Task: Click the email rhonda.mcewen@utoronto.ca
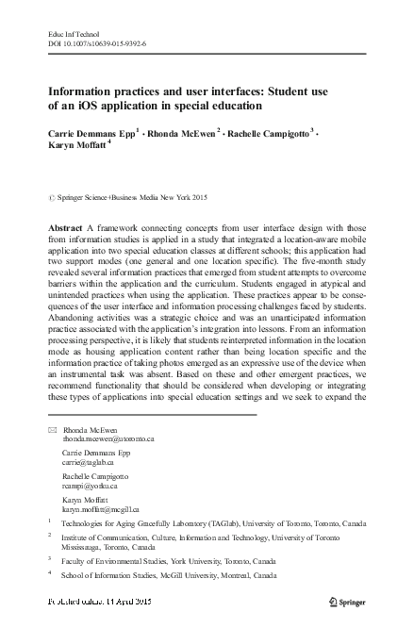[107, 439]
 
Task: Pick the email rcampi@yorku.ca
[88, 486]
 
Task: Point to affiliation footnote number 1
[49, 520]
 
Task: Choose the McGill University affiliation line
[169, 574]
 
